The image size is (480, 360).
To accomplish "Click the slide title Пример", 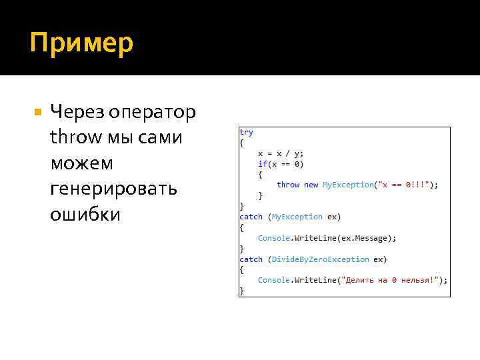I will click(81, 43).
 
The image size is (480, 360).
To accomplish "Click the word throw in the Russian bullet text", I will click(72, 138).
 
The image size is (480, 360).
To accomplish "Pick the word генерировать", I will click(113, 189).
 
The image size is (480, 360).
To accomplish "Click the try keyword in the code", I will click(247, 133).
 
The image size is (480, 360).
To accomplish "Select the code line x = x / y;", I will click(281, 153).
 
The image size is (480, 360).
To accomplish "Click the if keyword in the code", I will click(262, 164).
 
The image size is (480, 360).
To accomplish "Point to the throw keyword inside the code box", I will click(288, 185).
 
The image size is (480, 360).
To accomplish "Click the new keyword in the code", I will click(311, 185).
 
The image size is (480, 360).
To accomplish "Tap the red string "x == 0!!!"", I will click(405, 185).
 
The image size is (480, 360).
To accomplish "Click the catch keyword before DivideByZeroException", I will click(251, 259).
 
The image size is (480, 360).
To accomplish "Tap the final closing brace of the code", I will click(242, 291).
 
